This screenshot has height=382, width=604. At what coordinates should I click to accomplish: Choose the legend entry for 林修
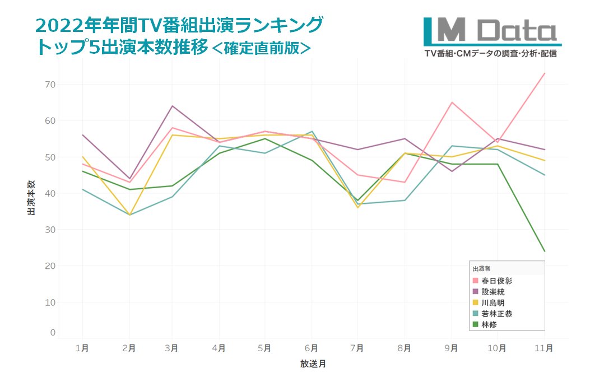(487, 324)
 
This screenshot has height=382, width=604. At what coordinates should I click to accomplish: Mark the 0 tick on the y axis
(53, 333)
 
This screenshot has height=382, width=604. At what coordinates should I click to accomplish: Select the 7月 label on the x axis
(359, 348)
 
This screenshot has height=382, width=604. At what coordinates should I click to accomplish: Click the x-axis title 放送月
(313, 364)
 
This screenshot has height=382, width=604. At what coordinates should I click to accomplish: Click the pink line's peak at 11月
(544, 73)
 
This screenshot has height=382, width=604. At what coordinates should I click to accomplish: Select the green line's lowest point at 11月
(544, 251)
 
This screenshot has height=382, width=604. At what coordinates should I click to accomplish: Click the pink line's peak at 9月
(452, 103)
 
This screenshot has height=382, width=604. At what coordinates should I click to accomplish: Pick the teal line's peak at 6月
(313, 132)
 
